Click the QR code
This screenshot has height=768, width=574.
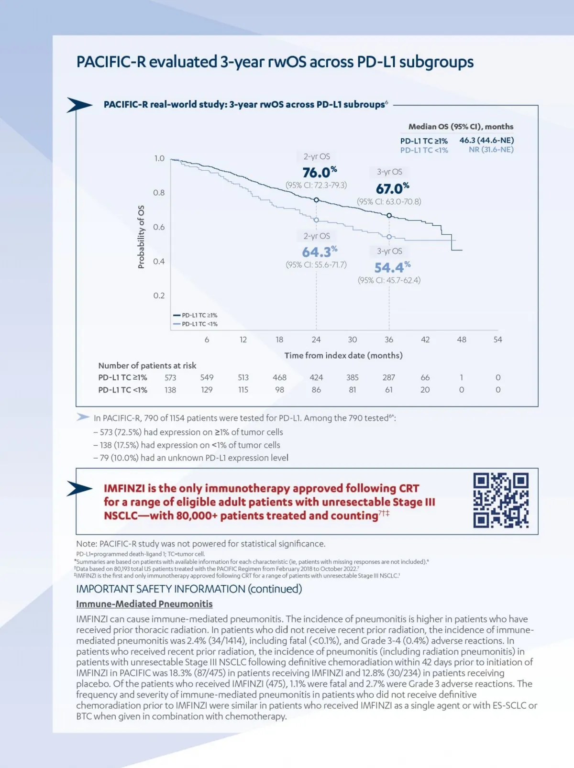501,500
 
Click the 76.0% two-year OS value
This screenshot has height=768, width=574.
320,172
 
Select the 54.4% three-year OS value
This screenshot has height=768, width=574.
392,267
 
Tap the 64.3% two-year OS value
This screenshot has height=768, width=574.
320,252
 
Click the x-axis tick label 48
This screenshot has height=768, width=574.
461,340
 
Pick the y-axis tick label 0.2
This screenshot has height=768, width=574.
159,296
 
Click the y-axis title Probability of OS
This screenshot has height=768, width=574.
141,237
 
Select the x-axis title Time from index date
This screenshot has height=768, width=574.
343,355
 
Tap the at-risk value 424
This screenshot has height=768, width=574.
316,377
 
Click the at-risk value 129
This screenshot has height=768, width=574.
207,390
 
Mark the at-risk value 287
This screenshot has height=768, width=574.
389,377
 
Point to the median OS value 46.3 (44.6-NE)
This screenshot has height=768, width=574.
486,140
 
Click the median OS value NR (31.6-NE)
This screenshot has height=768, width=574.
491,150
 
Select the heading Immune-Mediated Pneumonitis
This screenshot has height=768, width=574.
144,604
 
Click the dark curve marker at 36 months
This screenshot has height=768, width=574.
389,216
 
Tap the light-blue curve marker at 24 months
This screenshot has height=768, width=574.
316,220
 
